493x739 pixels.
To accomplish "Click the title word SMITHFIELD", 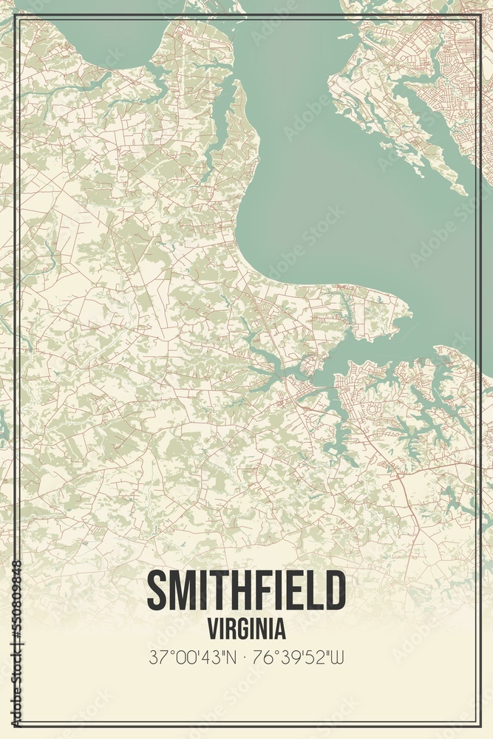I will point(246,591).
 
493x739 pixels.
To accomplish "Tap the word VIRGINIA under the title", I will point(246,628).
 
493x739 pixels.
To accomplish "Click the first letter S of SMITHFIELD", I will point(157,591).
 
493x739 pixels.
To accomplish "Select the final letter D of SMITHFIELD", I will point(335,591).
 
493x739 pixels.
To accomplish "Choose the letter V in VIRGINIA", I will point(213,628).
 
